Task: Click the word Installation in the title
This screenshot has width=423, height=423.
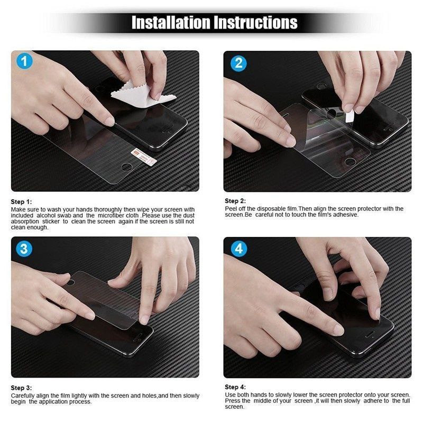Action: [x=170, y=23]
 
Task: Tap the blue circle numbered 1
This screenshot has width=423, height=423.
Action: [x=24, y=61]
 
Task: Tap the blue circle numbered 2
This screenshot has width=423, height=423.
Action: [x=239, y=63]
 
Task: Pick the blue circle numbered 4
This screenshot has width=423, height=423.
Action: [x=239, y=248]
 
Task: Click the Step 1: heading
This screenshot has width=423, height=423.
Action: [x=22, y=202]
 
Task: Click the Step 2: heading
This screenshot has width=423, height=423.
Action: [x=235, y=201]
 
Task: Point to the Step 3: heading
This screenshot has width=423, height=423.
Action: [x=22, y=388]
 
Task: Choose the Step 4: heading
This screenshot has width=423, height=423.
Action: [x=235, y=387]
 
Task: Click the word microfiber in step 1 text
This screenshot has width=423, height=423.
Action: [x=110, y=216]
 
